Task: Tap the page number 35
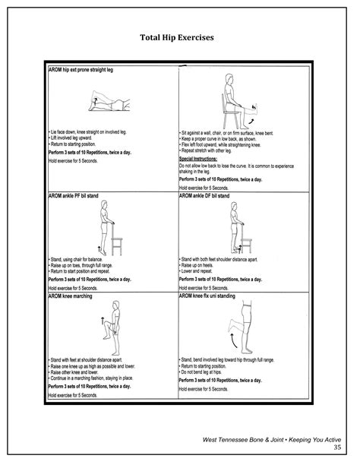338,447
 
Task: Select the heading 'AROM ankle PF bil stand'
77,195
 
